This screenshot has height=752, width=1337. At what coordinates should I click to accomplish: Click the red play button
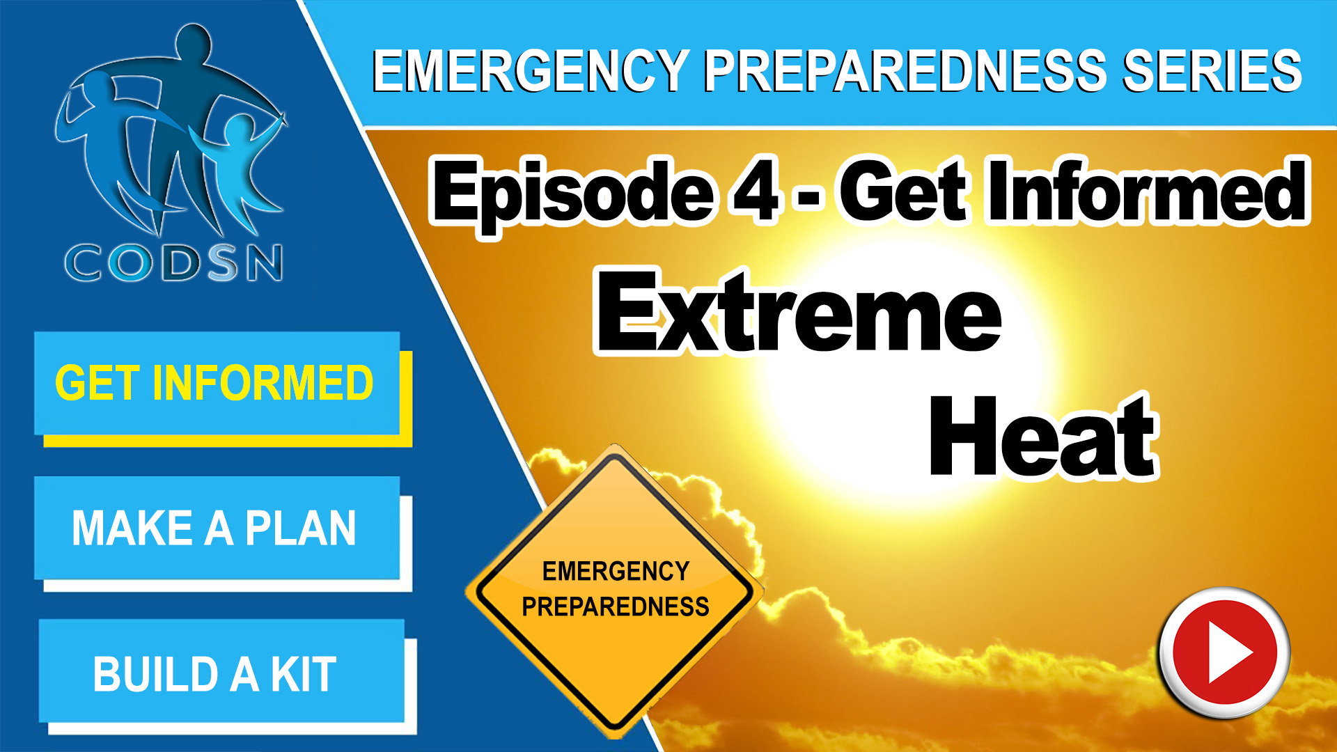[1225, 653]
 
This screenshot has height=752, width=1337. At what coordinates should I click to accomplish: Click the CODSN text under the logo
[174, 263]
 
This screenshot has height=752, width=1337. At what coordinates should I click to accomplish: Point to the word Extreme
[799, 313]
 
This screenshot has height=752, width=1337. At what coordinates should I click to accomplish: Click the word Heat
[1043, 437]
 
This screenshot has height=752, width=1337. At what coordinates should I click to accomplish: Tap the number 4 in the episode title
[755, 190]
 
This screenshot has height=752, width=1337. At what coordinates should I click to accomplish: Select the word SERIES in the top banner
[1212, 71]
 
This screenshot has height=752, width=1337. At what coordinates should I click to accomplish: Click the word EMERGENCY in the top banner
[531, 71]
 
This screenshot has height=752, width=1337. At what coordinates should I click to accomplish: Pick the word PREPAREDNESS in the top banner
[905, 71]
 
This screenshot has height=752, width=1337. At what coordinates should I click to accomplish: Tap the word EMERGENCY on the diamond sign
[616, 572]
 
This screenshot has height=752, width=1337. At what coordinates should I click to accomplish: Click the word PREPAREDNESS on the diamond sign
[616, 607]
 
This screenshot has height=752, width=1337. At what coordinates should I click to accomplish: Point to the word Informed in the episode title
[1147, 190]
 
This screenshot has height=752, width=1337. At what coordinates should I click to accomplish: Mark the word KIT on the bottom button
[304, 674]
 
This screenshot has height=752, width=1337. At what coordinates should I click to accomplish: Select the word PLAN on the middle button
[301, 528]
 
